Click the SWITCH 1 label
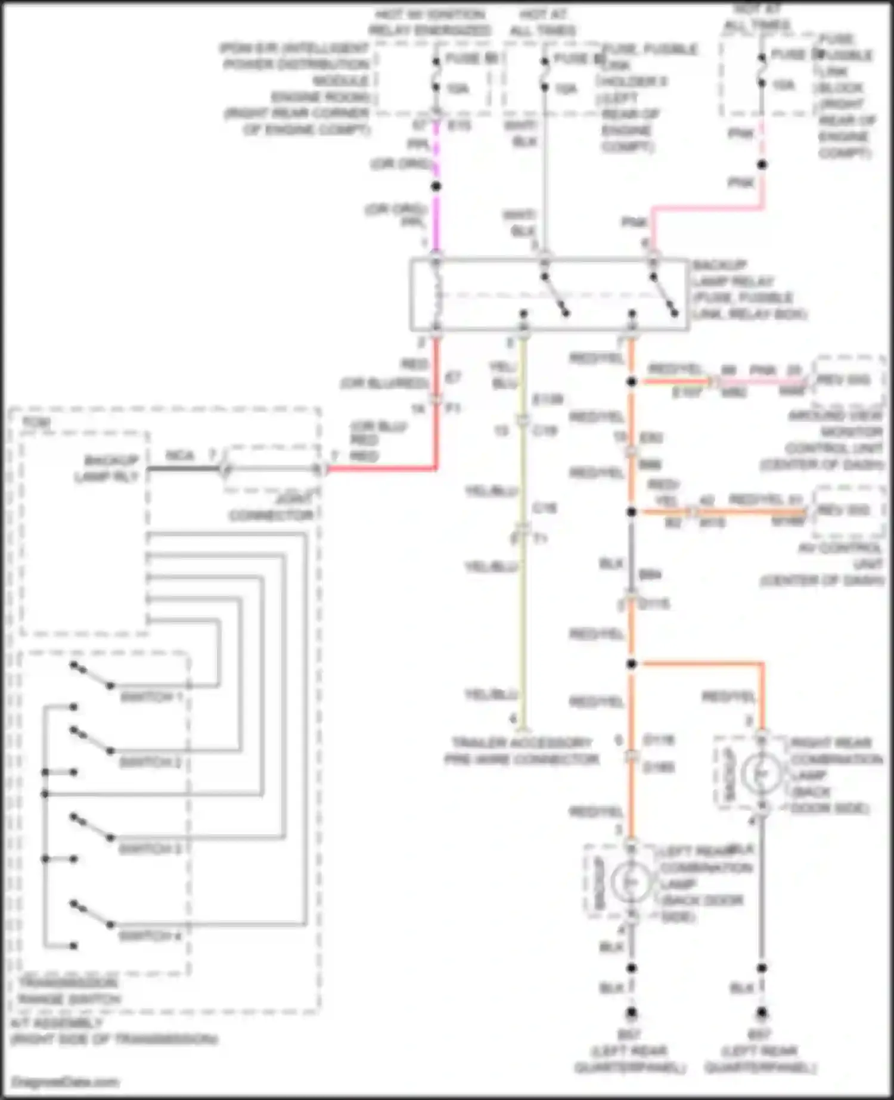[x=151, y=697]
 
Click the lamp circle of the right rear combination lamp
[x=761, y=773]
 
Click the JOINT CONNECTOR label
[x=271, y=507]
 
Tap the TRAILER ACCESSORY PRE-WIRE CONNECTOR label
[x=521, y=751]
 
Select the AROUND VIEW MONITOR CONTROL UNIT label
[x=834, y=440]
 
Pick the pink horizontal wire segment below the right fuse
[x=707, y=208]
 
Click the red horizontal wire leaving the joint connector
[x=381, y=469]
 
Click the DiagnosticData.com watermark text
[x=66, y=1082]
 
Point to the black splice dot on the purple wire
[x=436, y=186]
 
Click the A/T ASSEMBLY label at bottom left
[x=113, y=1031]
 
